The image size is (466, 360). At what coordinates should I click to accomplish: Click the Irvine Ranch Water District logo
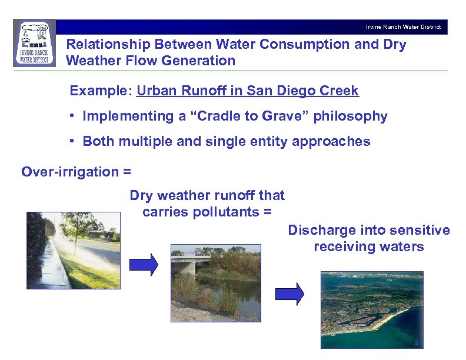pos(34,43)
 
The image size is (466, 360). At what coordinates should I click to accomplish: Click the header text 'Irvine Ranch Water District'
pos(403,27)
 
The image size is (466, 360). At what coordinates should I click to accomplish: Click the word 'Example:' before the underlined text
pos(101,91)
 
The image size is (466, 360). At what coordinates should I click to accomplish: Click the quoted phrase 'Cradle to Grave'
pos(245,116)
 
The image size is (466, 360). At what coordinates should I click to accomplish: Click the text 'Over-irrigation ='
pos(76,172)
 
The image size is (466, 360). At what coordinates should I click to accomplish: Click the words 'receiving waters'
pos(369,246)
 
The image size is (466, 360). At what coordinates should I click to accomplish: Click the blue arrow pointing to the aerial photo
pos(289,293)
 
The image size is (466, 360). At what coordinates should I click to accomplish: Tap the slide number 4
pos(416,344)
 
